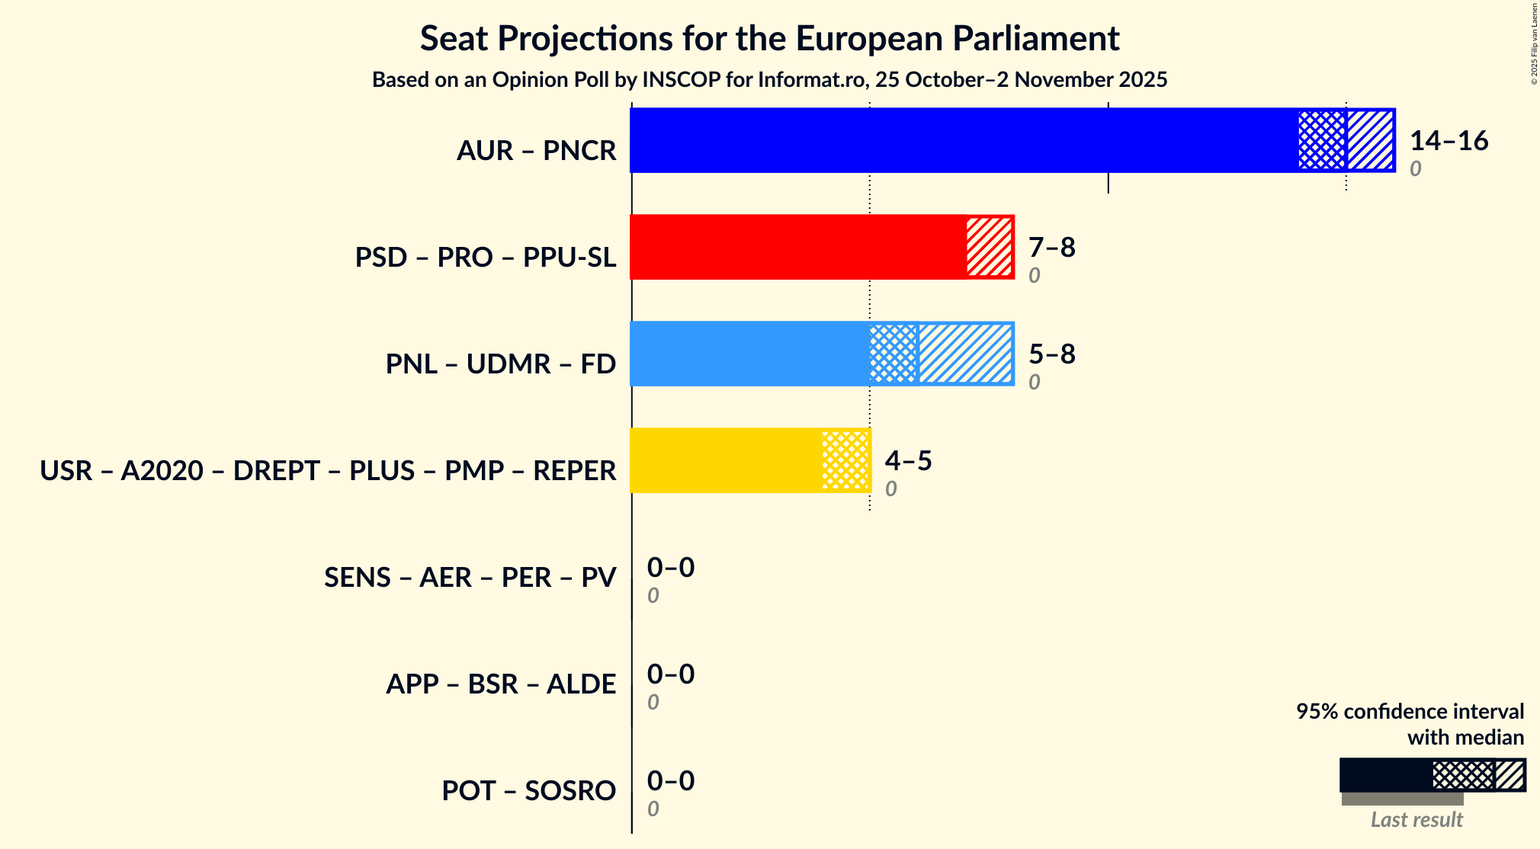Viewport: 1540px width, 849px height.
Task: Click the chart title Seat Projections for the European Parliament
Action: [x=769, y=39]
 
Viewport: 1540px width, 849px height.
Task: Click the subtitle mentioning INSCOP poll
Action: [x=769, y=80]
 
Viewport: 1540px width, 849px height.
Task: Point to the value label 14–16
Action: [x=1449, y=141]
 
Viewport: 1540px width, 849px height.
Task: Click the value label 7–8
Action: [x=1051, y=248]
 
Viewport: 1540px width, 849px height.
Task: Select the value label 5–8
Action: [x=1051, y=354]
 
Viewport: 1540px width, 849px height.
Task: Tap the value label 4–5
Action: [x=908, y=461]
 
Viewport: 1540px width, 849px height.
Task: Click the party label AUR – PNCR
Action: [x=536, y=151]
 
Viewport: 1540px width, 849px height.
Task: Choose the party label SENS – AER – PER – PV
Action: [x=470, y=578]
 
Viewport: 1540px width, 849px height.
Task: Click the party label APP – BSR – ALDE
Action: [x=501, y=684]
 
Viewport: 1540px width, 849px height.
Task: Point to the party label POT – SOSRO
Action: [x=528, y=791]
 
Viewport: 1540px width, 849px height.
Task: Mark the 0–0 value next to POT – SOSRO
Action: [x=671, y=781]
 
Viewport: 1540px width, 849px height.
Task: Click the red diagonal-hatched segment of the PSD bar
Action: [x=990, y=247]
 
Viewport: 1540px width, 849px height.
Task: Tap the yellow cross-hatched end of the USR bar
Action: [x=845, y=460]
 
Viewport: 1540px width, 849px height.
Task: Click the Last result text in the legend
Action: [x=1416, y=820]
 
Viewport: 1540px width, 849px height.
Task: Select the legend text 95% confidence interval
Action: [x=1410, y=712]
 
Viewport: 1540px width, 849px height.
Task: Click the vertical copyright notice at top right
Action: [x=1534, y=44]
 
